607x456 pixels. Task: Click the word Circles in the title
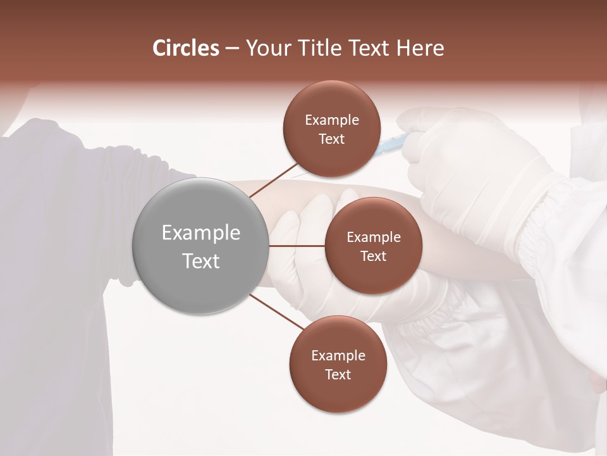[x=185, y=48]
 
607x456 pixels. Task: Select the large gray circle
[x=200, y=246]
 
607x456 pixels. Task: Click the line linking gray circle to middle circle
[x=297, y=246]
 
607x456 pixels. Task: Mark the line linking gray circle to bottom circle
[x=276, y=312]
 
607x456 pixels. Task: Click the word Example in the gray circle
[x=200, y=233]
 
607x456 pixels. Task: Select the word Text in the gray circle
[x=200, y=260]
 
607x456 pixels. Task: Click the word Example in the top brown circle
[x=331, y=120]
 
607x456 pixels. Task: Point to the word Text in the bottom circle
[x=338, y=374]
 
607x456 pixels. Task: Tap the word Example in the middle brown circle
[x=373, y=237]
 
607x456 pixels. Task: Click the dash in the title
[x=231, y=49]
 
